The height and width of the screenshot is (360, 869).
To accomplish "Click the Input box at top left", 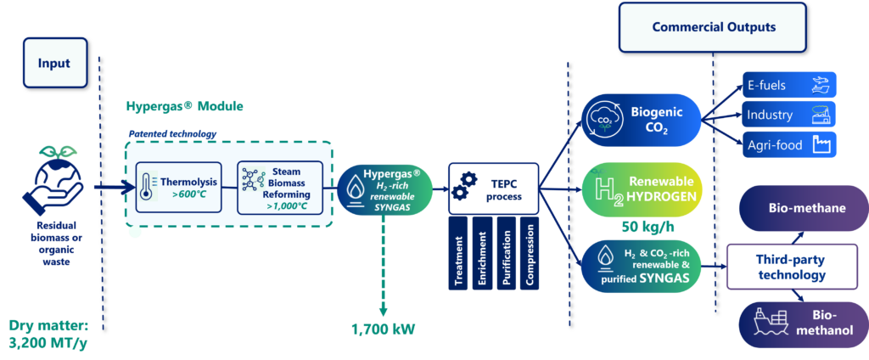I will point(54,64).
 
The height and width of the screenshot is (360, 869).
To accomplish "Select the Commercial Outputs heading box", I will point(713,27).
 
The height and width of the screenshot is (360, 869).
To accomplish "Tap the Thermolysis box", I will point(177,187).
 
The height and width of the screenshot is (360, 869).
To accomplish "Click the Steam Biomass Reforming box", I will point(279,187).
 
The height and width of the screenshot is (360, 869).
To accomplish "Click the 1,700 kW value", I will point(384,329).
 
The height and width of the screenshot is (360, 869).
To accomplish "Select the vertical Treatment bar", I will point(459,253).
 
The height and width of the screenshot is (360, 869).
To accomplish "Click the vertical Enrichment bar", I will point(483,253).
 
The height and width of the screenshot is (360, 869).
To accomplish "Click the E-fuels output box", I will point(788,85).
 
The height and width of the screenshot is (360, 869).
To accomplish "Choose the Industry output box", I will point(788,114).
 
